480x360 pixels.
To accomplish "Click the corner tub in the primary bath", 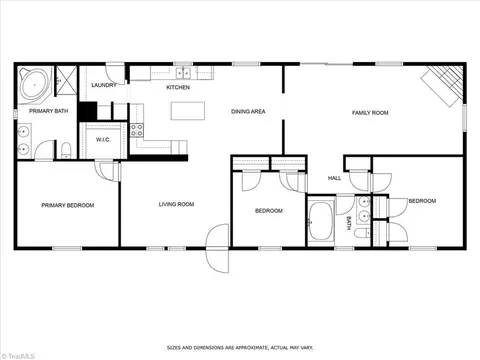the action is (35, 84).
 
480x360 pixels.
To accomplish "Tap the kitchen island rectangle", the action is (188, 111).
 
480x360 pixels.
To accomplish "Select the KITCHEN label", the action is (178, 87).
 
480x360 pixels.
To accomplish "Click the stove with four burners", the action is (137, 130).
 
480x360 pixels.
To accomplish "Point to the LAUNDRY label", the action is (104, 85).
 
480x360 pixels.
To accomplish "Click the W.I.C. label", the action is (103, 140).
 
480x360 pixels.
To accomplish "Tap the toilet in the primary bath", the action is (67, 150).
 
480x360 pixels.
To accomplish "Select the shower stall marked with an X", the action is (66, 81).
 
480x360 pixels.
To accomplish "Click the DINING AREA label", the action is (248, 111).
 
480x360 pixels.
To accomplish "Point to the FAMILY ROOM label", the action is (370, 113).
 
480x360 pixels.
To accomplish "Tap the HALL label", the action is (334, 178).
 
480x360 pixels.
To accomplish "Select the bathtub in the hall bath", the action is (321, 220).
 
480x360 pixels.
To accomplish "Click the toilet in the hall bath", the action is (362, 233).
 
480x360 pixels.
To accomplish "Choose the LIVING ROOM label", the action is (176, 204).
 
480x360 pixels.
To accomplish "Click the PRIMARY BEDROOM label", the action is (68, 205).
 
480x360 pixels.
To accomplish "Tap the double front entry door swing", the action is (218, 248).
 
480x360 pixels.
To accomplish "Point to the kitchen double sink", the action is (183, 73).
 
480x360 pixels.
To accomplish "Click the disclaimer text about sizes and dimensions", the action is (240, 348).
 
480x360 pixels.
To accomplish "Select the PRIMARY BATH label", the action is (49, 111).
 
